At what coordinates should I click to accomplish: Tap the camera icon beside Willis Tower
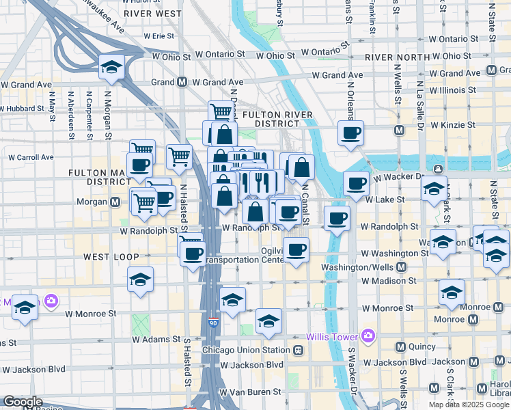click(368, 336)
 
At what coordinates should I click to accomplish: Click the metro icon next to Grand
click(182, 82)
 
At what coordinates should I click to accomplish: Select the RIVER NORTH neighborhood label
click(396, 57)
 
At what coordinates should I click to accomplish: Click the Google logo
click(23, 402)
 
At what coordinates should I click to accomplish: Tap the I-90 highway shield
click(213, 322)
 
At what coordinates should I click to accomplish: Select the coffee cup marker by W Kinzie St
click(350, 133)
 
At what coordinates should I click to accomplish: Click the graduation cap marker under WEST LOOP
click(140, 279)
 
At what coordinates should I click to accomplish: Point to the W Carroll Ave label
click(27, 157)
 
